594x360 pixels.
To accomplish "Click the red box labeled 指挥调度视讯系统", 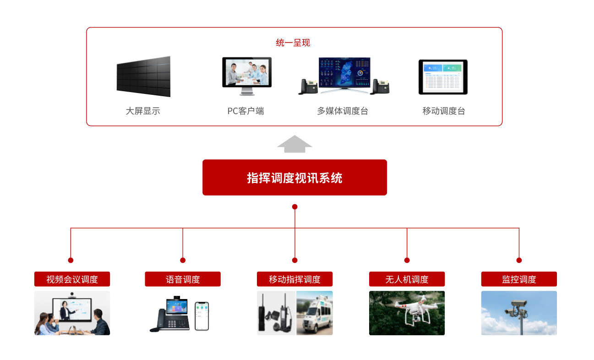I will click(x=294, y=177).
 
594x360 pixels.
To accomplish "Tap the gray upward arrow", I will click(x=294, y=144).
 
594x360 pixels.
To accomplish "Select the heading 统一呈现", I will click(x=293, y=43).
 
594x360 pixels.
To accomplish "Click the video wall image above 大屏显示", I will click(x=143, y=76).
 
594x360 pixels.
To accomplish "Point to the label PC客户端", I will click(x=245, y=111).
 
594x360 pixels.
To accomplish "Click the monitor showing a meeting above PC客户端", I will click(x=247, y=73).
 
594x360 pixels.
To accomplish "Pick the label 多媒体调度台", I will click(x=343, y=111).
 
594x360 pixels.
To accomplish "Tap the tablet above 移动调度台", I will click(x=443, y=77).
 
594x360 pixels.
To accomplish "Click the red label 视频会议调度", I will click(x=72, y=279).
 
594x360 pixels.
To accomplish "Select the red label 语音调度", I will click(x=183, y=279).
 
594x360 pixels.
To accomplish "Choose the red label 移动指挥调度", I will click(x=294, y=279).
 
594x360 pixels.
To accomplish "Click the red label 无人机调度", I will click(x=407, y=279).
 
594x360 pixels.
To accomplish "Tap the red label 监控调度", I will click(x=519, y=279).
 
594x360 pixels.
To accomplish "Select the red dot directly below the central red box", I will click(x=295, y=207).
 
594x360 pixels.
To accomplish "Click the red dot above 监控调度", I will click(x=519, y=260).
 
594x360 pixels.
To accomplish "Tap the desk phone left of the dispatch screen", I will click(x=309, y=86).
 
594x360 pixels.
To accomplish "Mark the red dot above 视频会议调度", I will click(x=71, y=260).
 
